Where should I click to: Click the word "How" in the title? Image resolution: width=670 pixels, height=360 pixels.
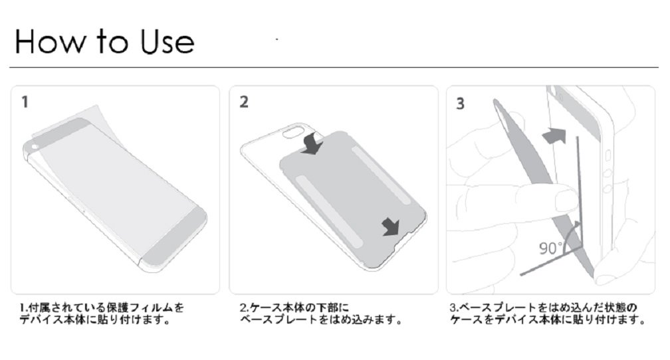click(51, 41)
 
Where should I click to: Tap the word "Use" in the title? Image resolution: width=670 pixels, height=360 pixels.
click(167, 41)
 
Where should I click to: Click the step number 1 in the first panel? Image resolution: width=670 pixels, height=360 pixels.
click(25, 102)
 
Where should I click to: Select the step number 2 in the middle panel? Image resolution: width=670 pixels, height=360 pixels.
click(244, 102)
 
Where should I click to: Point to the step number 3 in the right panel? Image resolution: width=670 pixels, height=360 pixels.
click(460, 104)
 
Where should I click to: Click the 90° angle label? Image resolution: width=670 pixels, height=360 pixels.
click(551, 248)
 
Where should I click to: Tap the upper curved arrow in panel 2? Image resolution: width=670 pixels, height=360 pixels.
click(312, 143)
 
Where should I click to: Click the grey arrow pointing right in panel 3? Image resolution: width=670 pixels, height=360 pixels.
click(554, 136)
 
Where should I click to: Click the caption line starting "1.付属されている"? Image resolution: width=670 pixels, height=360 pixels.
click(102, 308)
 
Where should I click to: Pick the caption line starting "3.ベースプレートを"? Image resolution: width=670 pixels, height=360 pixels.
click(543, 308)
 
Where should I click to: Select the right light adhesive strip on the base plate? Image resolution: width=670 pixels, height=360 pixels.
click(381, 175)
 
